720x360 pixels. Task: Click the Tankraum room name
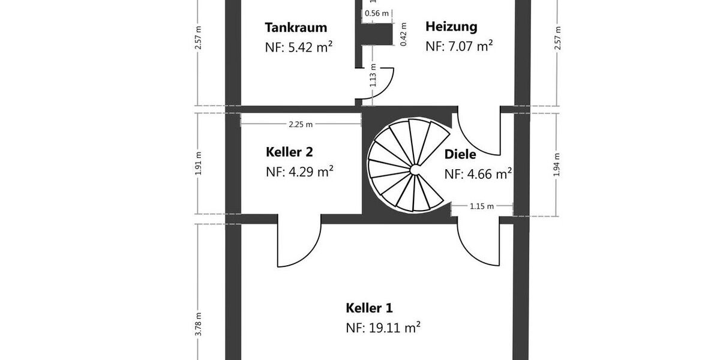(296, 28)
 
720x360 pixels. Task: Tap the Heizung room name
(451, 26)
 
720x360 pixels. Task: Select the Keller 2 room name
(289, 152)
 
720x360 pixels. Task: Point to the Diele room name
(460, 154)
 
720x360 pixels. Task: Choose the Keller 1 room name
(369, 308)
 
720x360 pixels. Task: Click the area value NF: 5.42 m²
(299, 47)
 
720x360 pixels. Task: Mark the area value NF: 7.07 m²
(459, 46)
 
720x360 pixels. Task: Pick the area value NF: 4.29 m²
(299, 172)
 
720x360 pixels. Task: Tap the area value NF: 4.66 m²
(478, 174)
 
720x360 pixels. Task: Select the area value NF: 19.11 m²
(383, 328)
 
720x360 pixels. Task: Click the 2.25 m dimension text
(301, 124)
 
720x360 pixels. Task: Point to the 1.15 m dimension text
(482, 206)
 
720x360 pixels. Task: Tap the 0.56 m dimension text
(377, 14)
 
